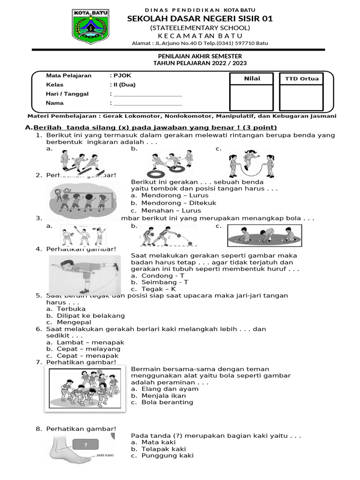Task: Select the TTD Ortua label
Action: point(301,79)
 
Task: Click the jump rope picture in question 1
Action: point(253,162)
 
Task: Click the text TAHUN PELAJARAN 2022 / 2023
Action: point(200,63)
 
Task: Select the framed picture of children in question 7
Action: point(85,389)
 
